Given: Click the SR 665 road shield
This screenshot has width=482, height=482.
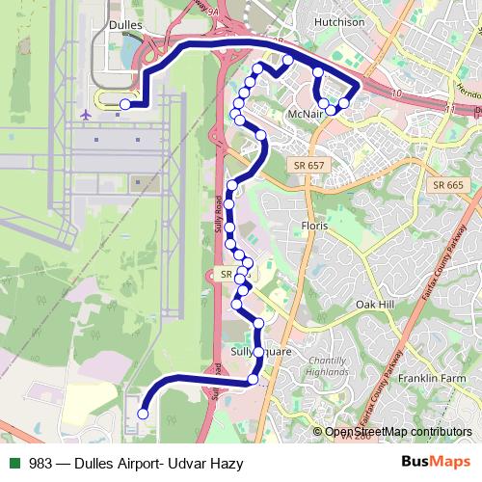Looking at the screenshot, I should coord(448,184).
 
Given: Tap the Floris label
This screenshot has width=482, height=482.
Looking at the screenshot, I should coord(313,225).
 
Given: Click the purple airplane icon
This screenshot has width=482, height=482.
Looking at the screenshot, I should coord(86,113).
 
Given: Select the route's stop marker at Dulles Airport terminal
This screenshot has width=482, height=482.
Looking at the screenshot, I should coord(125,104).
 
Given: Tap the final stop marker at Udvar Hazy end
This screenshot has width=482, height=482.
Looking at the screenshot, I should coord(143,414).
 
